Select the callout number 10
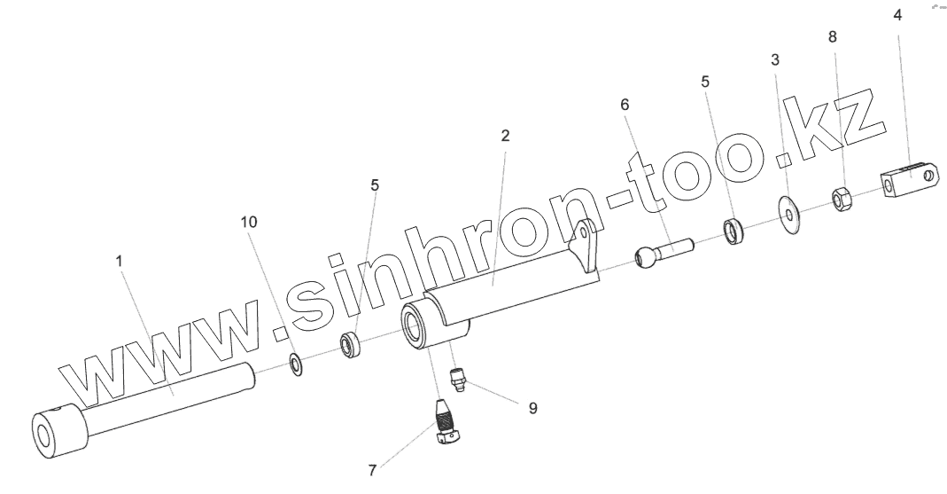click(x=250, y=222)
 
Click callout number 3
click(x=776, y=60)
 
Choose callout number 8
click(x=831, y=38)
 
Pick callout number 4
click(x=897, y=15)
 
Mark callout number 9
click(x=532, y=409)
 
